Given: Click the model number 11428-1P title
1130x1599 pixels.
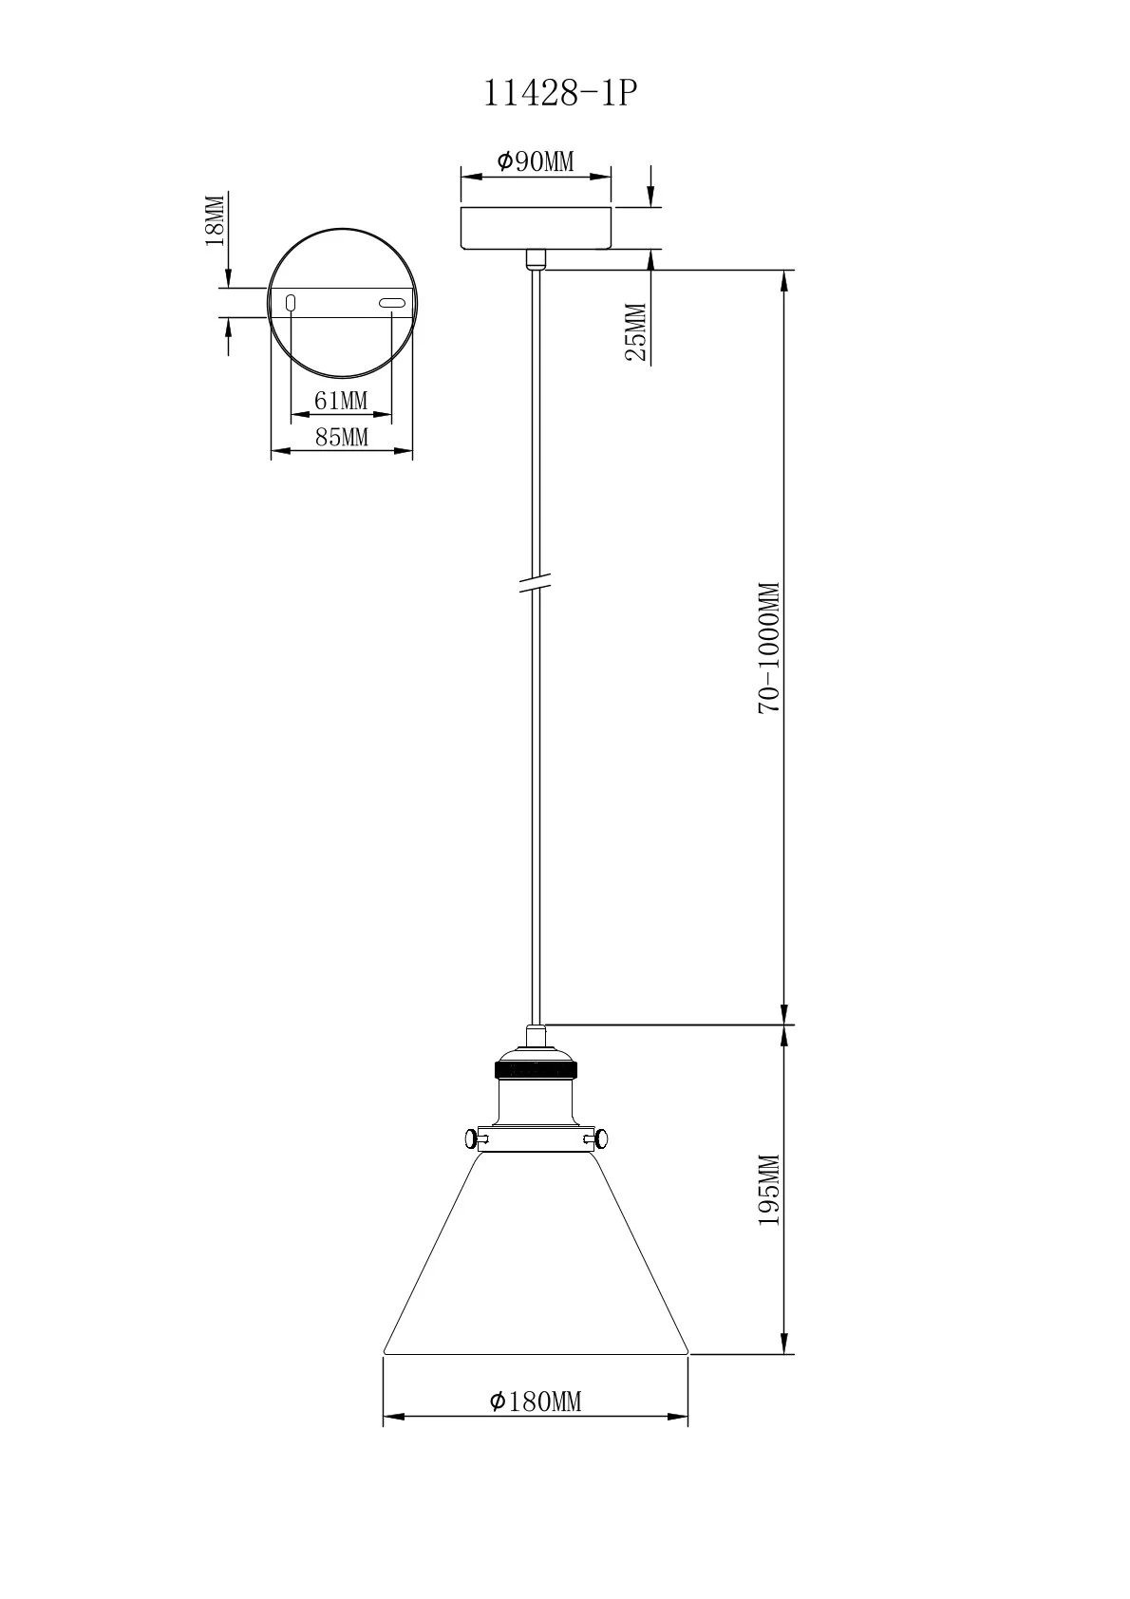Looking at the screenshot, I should click(556, 93).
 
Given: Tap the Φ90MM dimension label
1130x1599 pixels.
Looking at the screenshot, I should click(536, 161).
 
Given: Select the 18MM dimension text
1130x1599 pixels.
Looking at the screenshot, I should click(215, 220).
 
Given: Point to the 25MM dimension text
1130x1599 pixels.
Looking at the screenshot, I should click(635, 332).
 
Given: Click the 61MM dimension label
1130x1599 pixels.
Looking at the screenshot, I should click(341, 401).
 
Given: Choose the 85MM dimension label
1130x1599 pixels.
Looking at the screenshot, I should click(341, 438).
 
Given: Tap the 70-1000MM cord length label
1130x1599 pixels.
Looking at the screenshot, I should click(768, 648).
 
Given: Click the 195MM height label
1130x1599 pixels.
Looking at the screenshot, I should click(768, 1190).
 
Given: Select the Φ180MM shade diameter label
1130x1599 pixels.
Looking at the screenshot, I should click(536, 1401).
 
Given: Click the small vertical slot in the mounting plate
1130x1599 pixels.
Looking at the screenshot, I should click(292, 303).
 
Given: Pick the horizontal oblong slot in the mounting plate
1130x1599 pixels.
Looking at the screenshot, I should click(391, 303).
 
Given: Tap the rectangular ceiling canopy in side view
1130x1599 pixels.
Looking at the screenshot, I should click(536, 226).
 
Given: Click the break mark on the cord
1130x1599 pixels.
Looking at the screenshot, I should click(536, 582).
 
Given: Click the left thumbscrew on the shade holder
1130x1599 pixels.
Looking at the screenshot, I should click(473, 1137).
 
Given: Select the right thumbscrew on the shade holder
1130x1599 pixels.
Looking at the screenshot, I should click(599, 1137).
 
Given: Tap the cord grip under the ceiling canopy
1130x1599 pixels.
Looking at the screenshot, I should click(536, 257).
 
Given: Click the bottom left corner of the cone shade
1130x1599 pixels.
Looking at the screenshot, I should click(385, 1350).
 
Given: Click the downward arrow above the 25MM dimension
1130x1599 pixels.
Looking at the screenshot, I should click(651, 186).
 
